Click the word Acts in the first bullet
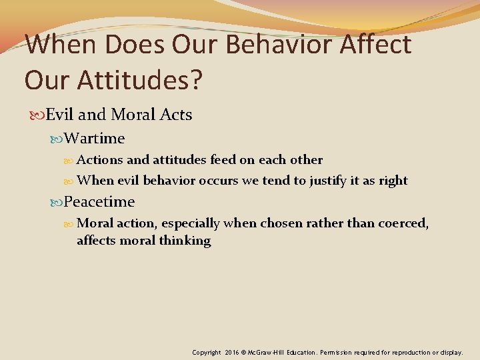point(176,115)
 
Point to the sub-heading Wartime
point(95,138)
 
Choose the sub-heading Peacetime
point(99,201)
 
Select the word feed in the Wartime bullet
point(223,160)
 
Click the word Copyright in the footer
point(207,351)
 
